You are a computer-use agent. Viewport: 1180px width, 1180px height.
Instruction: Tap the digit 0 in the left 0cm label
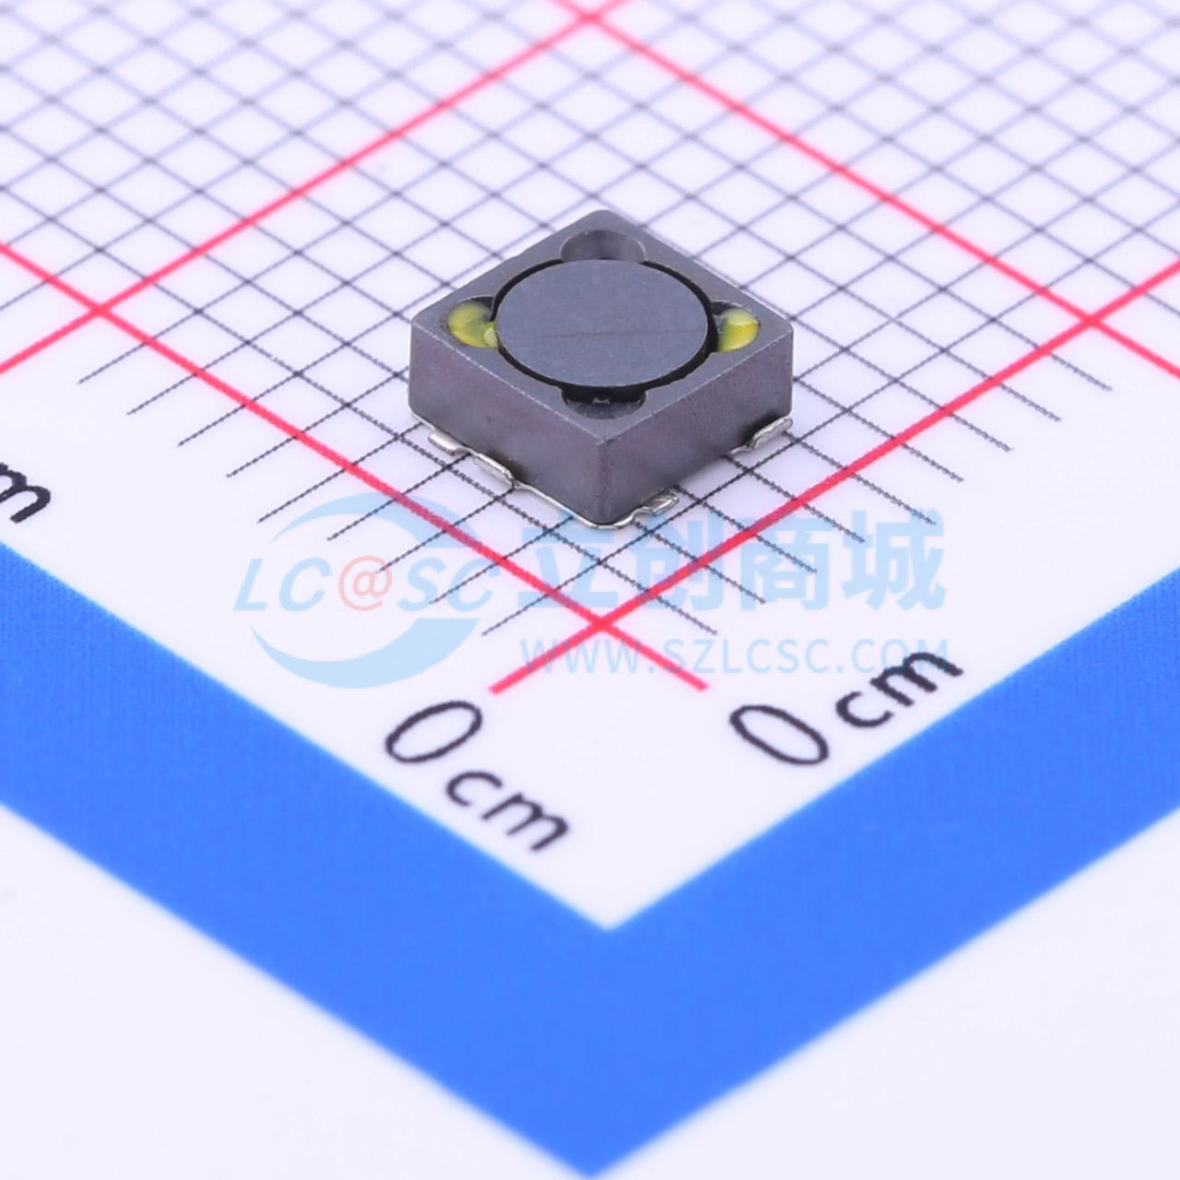point(433,731)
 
